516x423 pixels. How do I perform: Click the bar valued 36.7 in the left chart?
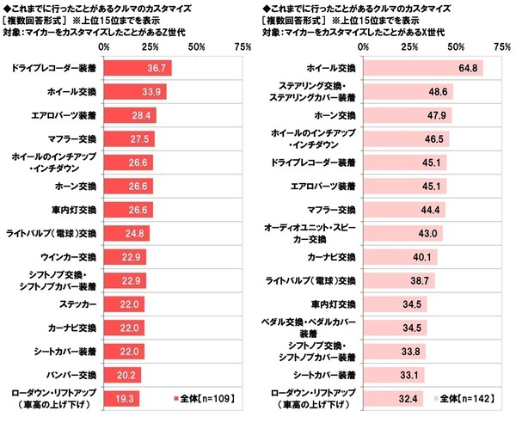tap(138, 66)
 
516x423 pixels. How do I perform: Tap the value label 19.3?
tap(126, 399)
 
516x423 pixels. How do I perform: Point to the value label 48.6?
tap(437, 90)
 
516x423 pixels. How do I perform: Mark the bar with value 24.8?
tap(126, 232)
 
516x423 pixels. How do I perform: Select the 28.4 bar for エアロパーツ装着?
tap(130, 113)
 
